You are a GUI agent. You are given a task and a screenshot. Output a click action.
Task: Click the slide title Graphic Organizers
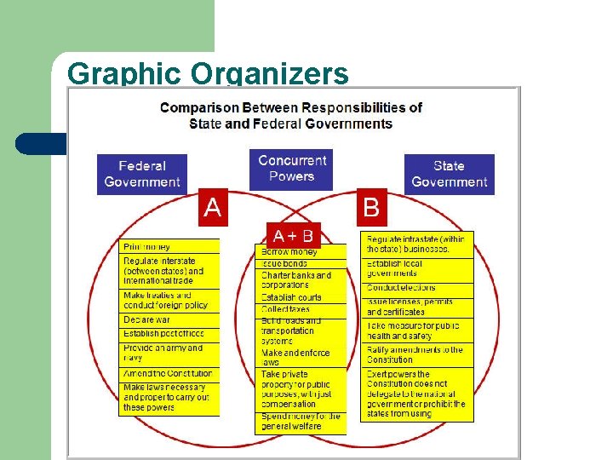[x=207, y=74]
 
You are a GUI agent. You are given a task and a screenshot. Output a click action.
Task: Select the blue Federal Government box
[x=142, y=174]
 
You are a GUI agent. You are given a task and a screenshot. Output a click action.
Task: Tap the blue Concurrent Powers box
[x=291, y=168]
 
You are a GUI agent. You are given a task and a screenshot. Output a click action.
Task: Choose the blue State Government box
[x=449, y=174]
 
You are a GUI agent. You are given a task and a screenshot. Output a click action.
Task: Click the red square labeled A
[x=212, y=207]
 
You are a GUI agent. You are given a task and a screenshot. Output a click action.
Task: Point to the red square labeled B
[x=371, y=207]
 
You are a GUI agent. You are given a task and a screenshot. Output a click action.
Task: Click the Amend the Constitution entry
[x=169, y=374]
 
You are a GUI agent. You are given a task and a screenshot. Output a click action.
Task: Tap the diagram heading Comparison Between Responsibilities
[x=291, y=115]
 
